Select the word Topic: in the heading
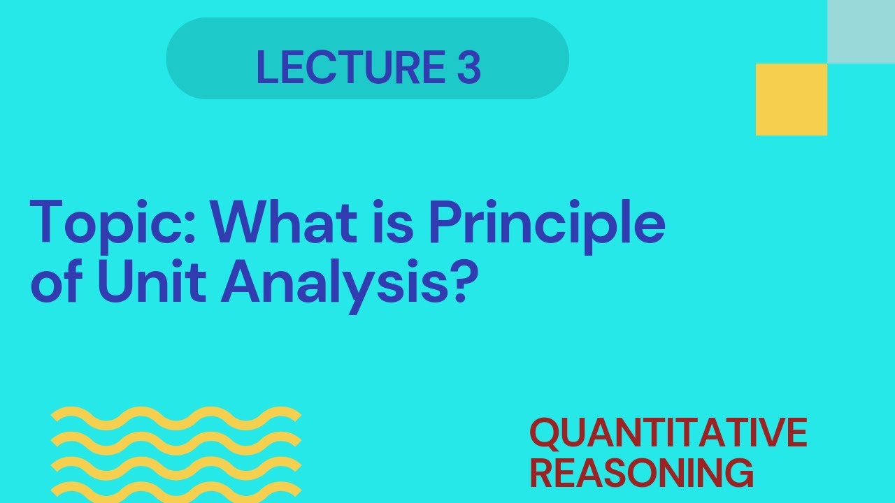pyautogui.click(x=112, y=222)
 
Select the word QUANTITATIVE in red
pyautogui.click(x=668, y=433)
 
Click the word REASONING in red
pyautogui.click(x=641, y=473)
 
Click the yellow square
pyautogui.click(x=791, y=99)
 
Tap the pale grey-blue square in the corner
pyautogui.click(x=861, y=31)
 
